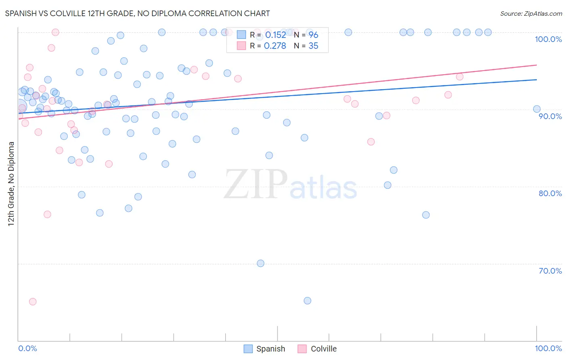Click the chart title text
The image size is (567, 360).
[138, 13]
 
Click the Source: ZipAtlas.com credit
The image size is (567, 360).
[531, 13]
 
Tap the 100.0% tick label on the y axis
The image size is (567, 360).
[548, 39]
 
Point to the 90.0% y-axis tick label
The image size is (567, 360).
[550, 116]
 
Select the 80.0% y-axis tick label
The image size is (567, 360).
[550, 193]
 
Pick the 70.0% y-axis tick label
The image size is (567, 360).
[550, 271]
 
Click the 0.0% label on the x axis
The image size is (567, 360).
[27, 348]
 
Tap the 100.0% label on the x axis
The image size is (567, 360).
[548, 348]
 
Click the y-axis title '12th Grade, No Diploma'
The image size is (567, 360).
[11, 184]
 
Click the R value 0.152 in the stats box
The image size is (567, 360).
[275, 35]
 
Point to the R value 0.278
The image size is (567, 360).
[275, 46]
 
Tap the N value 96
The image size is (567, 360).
[313, 35]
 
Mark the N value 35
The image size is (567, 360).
[313, 46]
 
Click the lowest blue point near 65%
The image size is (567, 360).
[307, 301]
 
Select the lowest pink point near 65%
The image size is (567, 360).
[33, 302]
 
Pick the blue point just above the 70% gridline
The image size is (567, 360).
[261, 264]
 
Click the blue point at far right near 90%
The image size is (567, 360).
[537, 109]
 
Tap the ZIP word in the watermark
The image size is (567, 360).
[255, 185]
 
